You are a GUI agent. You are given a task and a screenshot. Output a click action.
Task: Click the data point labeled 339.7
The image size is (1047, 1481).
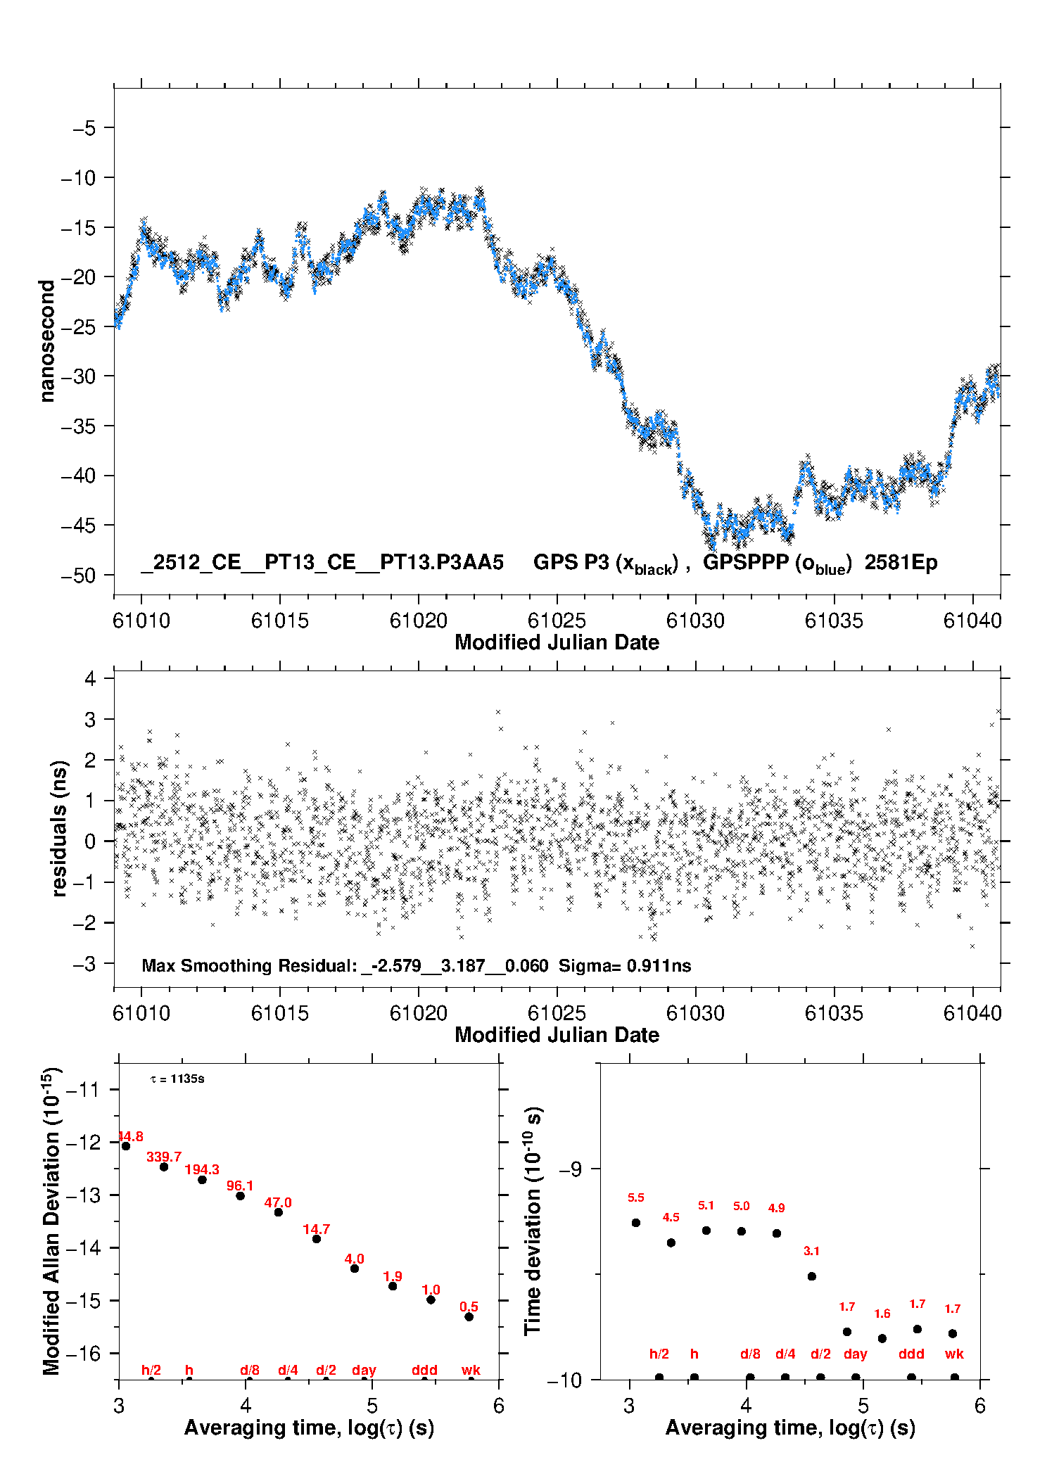point(164,1167)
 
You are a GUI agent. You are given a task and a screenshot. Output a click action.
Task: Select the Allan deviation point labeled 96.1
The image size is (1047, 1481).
point(240,1195)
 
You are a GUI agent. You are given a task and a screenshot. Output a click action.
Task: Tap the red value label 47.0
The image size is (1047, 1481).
point(278,1202)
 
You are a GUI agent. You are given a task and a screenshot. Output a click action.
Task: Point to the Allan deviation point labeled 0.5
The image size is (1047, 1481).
point(469,1316)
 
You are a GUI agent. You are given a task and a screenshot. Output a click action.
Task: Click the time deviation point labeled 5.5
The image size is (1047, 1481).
point(636,1222)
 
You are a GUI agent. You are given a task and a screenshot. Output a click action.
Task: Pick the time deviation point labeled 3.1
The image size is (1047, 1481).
point(811,1276)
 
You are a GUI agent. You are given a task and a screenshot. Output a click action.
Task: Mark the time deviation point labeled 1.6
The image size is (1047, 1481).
point(882,1338)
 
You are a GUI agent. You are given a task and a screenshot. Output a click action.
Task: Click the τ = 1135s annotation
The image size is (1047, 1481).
point(177,1079)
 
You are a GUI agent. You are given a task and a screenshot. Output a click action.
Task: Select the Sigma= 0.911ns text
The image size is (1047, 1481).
point(625,965)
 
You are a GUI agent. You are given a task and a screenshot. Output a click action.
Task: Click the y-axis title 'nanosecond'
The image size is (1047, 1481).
point(47,341)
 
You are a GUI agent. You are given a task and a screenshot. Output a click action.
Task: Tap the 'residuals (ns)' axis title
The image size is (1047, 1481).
point(59,828)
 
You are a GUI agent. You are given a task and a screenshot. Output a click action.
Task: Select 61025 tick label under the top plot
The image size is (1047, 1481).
point(557,621)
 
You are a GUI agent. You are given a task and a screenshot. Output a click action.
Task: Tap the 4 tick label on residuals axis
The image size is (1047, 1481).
point(90,679)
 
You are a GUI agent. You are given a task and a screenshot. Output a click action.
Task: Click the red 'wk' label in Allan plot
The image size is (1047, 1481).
point(471,1370)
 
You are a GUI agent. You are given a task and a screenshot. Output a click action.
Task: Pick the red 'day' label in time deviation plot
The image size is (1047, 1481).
point(855,1354)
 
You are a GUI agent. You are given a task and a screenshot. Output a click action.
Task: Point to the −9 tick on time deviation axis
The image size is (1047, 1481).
point(571,1169)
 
